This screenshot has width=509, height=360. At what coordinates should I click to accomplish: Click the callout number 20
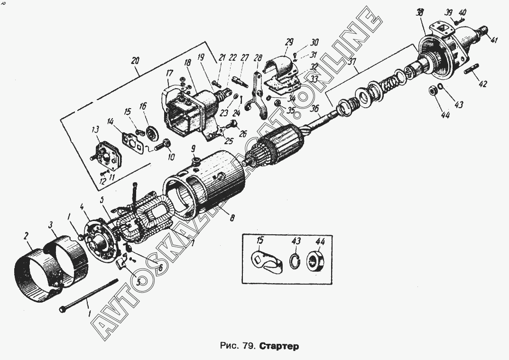coord(136,61)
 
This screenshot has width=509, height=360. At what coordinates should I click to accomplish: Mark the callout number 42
coord(482,84)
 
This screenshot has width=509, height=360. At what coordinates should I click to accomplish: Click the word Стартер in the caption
coord(279,346)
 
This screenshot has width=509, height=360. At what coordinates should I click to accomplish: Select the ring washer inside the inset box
coord(294,261)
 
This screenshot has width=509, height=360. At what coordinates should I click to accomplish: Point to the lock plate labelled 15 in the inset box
coord(264,262)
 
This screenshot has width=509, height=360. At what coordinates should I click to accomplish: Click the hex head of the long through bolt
coord(63,310)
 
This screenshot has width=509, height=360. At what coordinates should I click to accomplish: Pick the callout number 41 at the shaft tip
coord(495,40)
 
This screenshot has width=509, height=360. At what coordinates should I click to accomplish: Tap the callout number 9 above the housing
coord(194,149)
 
